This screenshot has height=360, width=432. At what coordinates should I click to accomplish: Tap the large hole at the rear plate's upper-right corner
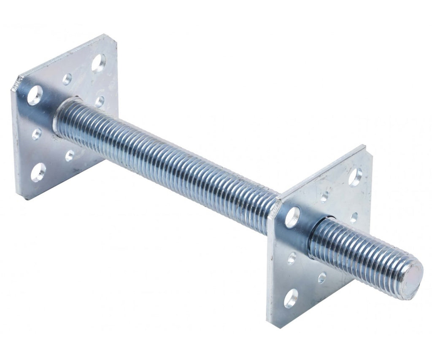point(98,63)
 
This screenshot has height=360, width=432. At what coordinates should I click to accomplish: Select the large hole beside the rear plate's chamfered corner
point(35,95)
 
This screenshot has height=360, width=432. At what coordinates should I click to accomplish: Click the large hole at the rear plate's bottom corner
point(38,172)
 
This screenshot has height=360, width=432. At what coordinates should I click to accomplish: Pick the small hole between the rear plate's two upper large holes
point(67,79)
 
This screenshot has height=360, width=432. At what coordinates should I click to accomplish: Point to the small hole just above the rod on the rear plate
point(100,101)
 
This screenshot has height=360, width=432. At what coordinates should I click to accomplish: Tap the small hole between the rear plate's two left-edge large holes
point(37,134)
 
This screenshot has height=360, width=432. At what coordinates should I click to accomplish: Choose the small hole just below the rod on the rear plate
point(70,156)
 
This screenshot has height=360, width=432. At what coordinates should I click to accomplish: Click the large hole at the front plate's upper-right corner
point(355,177)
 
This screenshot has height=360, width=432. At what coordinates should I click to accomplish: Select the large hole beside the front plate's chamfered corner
point(292,217)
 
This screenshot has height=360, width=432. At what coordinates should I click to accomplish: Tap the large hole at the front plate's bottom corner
point(291,298)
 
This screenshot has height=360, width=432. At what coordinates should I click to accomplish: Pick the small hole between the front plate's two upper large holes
point(324,197)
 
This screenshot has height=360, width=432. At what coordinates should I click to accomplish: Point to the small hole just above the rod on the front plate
point(354,217)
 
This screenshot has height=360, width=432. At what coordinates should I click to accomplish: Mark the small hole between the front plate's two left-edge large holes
point(292,258)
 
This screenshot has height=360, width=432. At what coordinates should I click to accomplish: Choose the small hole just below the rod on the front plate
point(322,278)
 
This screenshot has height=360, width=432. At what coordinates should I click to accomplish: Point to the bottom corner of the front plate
point(272,324)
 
